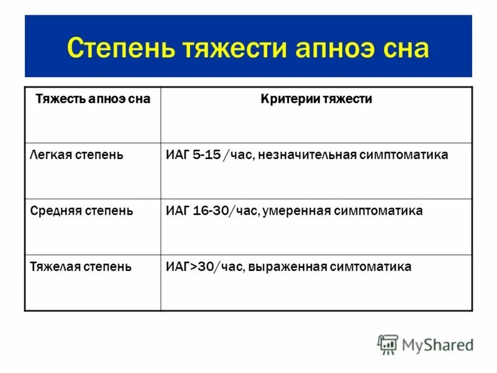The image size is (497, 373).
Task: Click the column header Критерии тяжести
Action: click(316, 99)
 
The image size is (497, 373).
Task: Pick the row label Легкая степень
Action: click(76, 155)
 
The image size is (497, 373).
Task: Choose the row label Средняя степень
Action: click(81, 211)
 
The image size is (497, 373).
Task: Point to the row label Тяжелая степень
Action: click(81, 267)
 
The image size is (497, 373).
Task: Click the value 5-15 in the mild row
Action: click(206, 155)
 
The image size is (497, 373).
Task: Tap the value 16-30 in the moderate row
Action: click(210, 211)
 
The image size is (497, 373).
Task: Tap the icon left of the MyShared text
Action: click(388, 344)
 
